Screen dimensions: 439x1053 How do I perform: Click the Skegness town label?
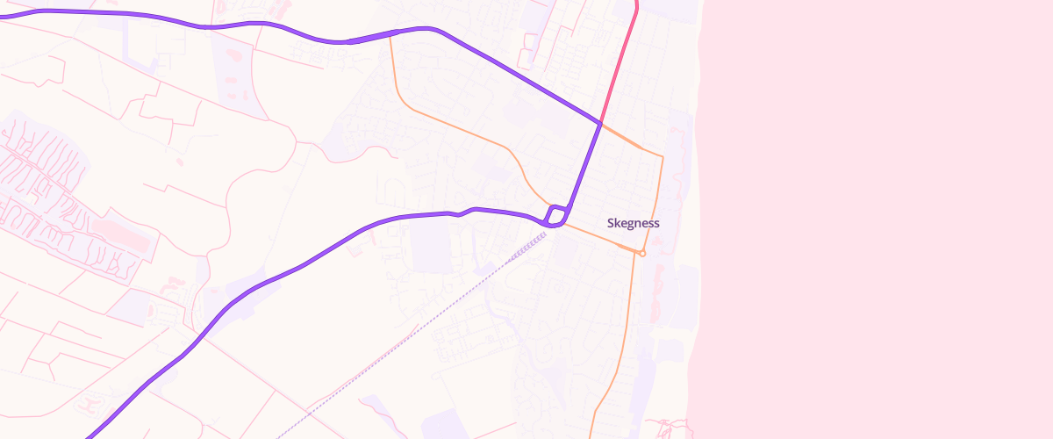tap(633, 223)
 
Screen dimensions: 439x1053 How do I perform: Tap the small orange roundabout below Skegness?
tap(642, 254)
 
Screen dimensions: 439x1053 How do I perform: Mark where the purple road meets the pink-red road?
tap(601, 124)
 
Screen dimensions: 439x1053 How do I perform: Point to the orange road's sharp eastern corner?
tap(663, 157)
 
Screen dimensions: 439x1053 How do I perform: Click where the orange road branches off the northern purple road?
tap(390, 35)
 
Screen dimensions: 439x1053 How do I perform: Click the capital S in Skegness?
tap(611, 223)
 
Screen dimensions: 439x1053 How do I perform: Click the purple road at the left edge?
tap(4, 15)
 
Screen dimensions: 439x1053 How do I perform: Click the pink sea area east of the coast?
tap(877, 219)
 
